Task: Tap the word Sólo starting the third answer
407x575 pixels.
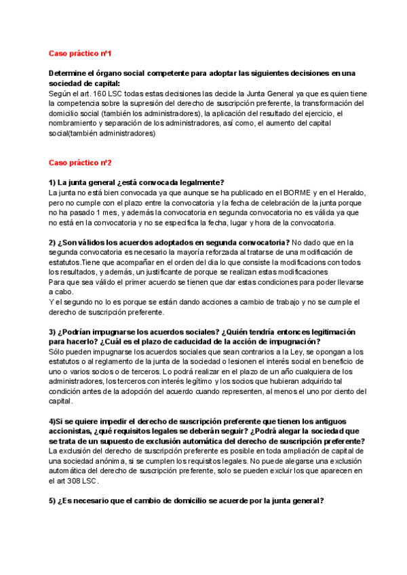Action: [58, 352]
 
